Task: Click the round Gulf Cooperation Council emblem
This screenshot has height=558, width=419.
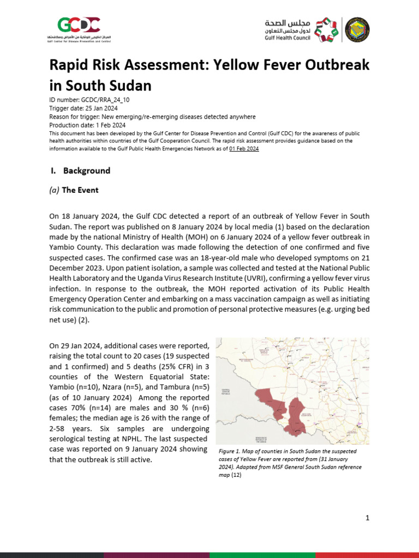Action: pos(357,29)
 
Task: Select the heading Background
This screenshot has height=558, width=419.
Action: pos(86,171)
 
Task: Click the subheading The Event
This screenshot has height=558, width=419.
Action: pos(80,190)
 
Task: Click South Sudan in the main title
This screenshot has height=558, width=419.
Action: pos(109,86)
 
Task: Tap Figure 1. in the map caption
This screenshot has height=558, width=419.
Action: pos(230,452)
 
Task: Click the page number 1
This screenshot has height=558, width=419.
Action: pos(367,518)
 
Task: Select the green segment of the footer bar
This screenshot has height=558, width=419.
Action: pos(262,555)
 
